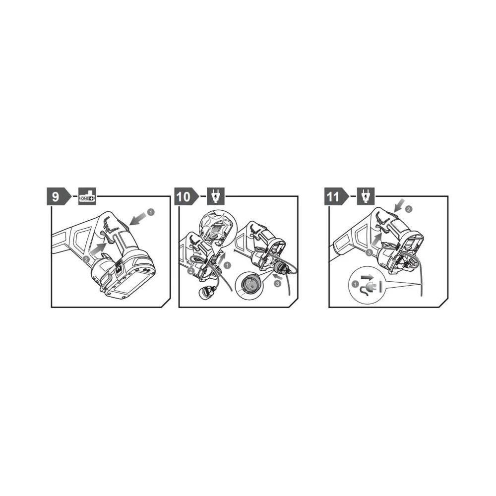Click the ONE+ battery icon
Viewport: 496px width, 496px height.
[x=87, y=196]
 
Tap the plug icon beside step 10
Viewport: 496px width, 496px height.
[x=216, y=196]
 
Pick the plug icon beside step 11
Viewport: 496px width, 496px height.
[x=366, y=196]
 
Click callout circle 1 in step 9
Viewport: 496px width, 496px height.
[x=151, y=212]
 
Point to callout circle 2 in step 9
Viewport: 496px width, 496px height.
[x=86, y=259]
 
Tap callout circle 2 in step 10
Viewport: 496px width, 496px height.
[x=191, y=271]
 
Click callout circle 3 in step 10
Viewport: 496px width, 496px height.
[x=277, y=284]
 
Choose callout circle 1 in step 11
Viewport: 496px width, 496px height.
[x=355, y=284]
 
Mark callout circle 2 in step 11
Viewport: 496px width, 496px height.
[x=409, y=209]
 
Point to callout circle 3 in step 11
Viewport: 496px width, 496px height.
[x=369, y=252]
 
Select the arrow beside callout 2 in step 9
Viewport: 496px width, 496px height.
[x=98, y=249]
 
